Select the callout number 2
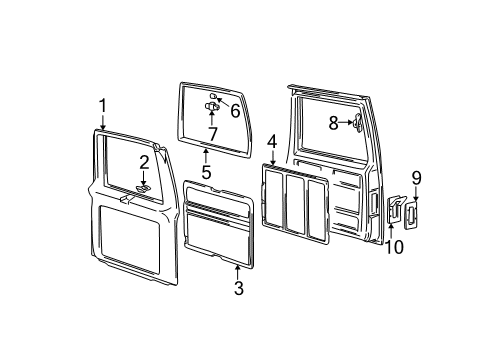144,163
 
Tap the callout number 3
237,290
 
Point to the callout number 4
271,144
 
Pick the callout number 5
205,171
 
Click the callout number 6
236,112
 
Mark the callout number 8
335,123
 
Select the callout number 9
415,178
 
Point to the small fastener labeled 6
215,96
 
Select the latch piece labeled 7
212,105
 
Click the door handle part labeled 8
357,122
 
